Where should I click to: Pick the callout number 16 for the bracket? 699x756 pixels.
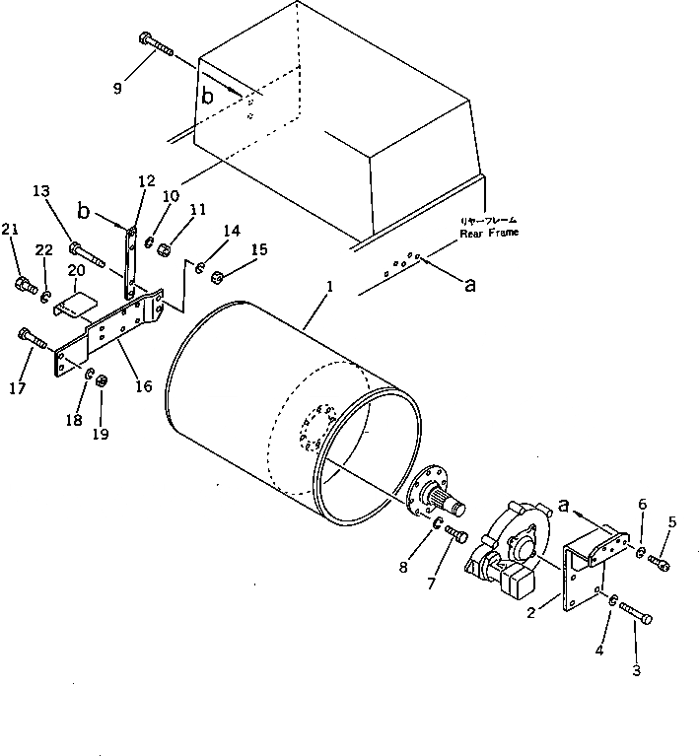point(143,386)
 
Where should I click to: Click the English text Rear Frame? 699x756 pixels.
point(489,233)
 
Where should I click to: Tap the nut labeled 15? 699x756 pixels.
point(219,275)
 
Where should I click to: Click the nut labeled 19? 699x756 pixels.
point(102,381)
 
